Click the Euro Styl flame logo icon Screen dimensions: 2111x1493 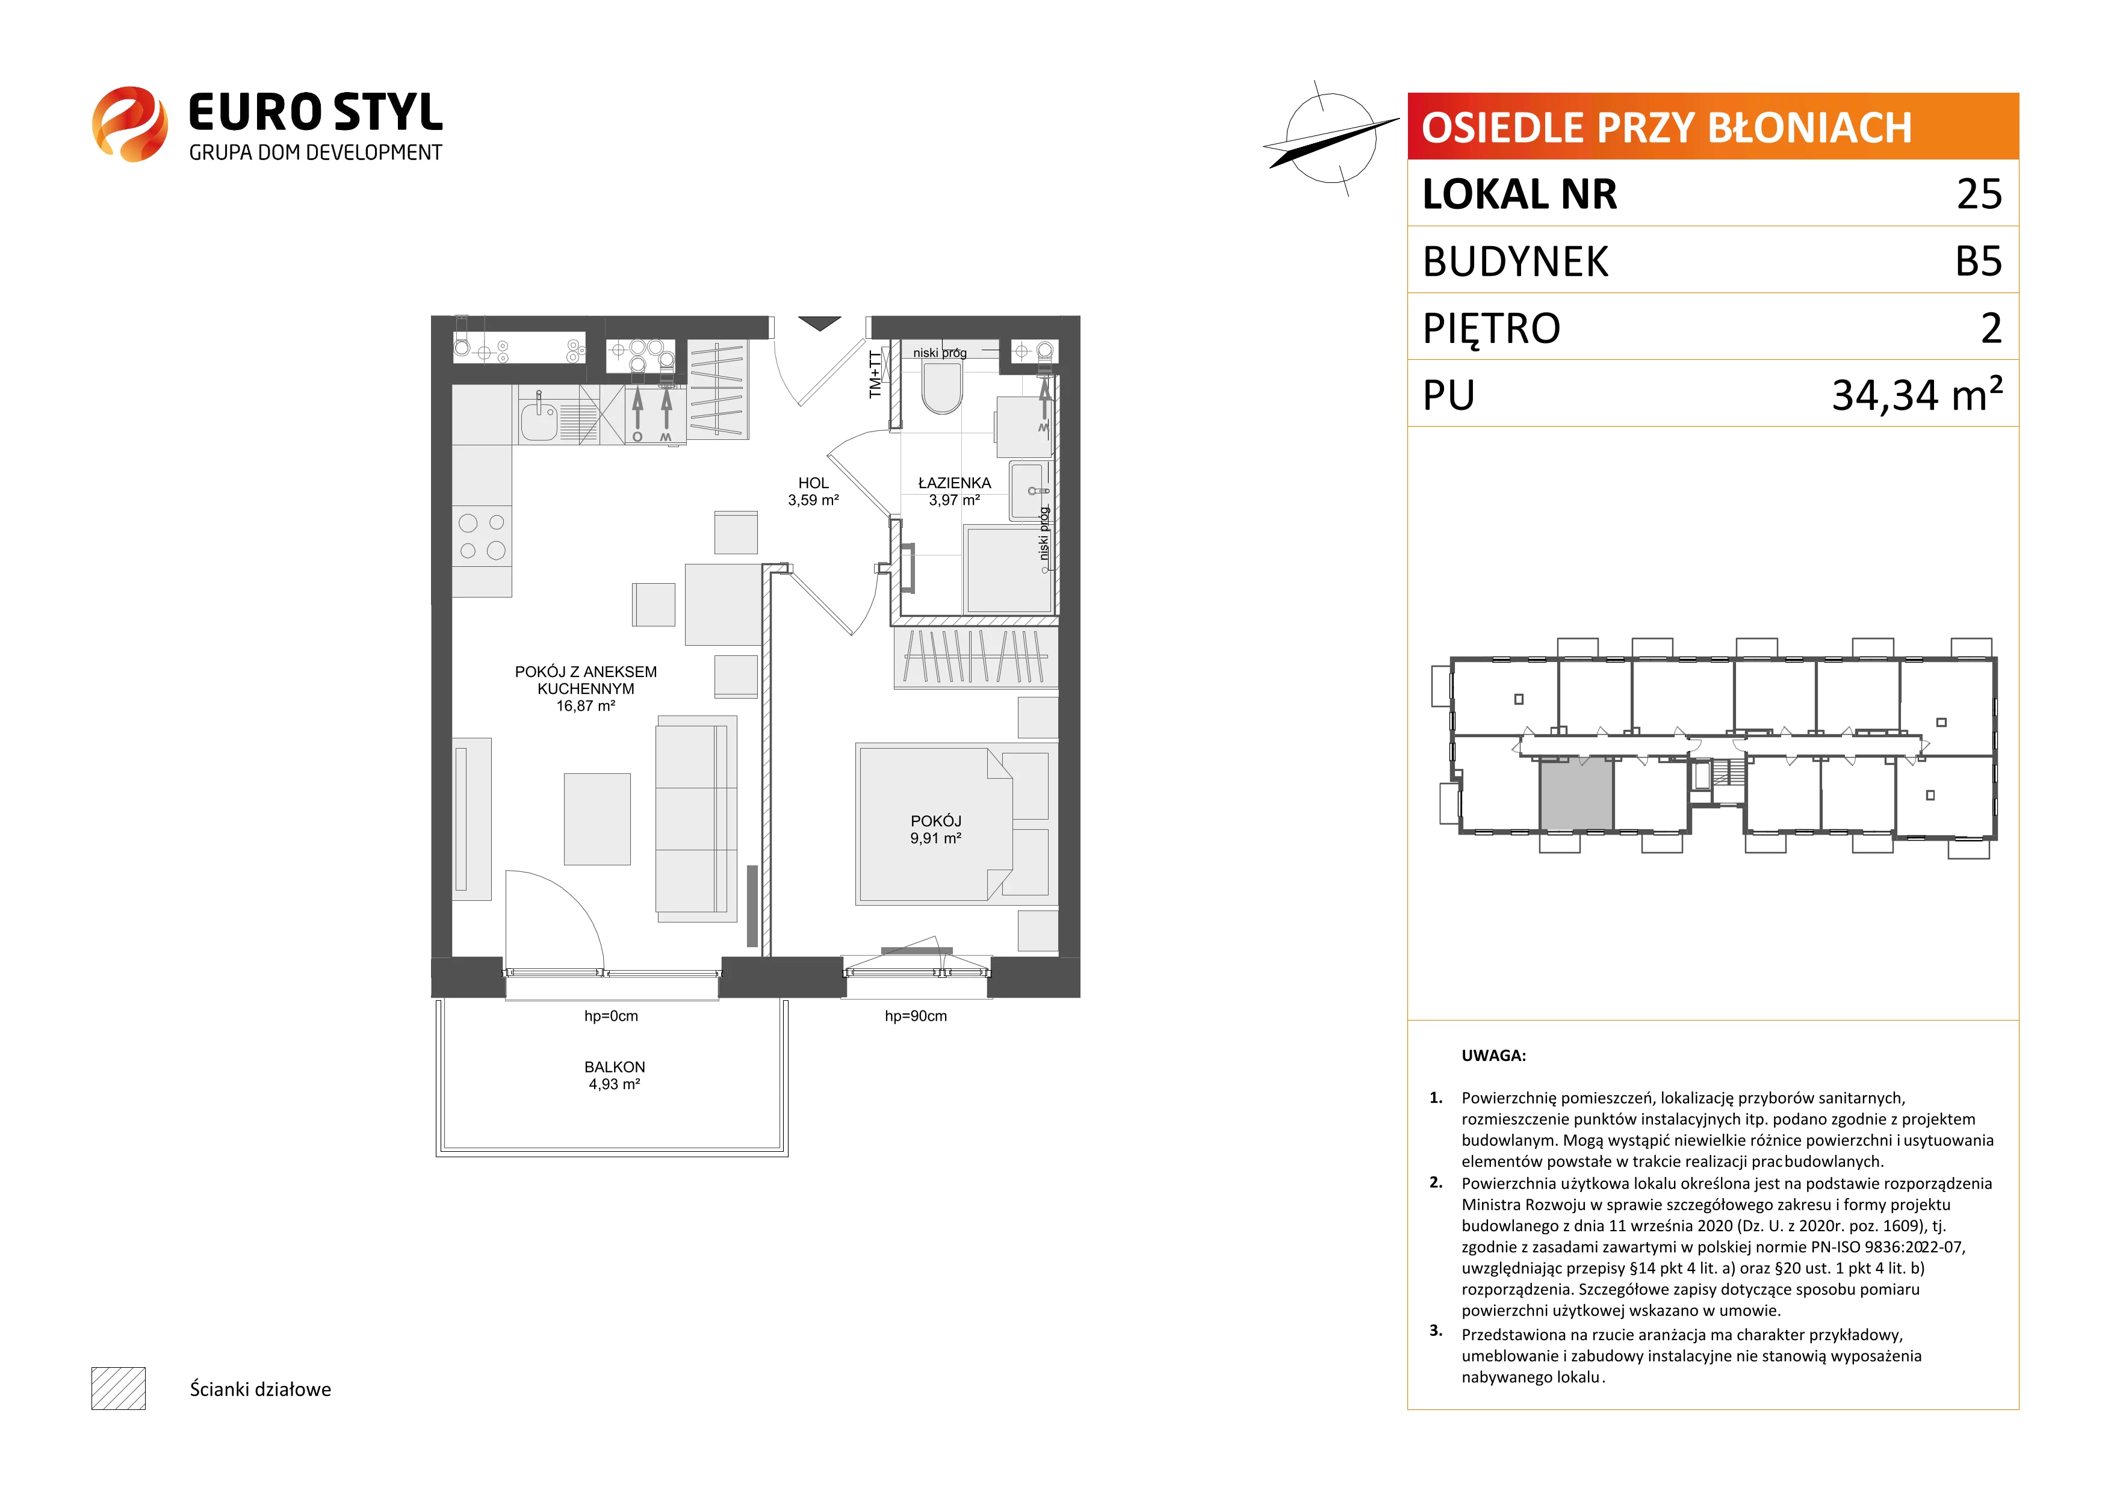coord(129,124)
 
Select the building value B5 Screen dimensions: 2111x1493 coord(1979,261)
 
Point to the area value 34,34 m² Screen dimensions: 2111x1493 coord(1917,394)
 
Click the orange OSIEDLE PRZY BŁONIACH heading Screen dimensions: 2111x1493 coord(1666,128)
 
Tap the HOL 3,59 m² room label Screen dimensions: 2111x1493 coord(813,492)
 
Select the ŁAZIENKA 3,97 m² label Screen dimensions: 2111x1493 coord(954,492)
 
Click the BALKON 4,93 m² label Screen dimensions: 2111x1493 coord(614,1075)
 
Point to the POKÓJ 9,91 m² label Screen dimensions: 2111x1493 coord(936,829)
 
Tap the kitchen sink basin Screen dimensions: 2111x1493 coord(539,422)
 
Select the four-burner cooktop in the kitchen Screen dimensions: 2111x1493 coord(482,537)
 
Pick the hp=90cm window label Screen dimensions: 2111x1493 coord(916,1016)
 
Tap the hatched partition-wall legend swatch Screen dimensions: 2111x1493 coord(119,1388)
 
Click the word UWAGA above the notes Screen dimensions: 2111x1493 coord(1493,1056)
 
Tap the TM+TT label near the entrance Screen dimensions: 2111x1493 coord(875,374)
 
